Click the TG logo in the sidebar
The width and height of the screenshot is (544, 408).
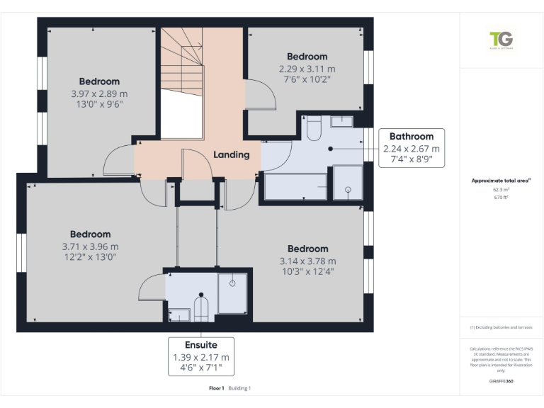pos(501,40)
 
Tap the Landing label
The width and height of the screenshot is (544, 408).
pos(232,154)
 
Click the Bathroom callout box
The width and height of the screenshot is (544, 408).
pos(412,148)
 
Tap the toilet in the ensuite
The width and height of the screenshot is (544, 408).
pos(201,306)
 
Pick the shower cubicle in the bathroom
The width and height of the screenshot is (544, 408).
pos(348,183)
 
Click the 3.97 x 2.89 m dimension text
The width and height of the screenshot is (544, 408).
pos(99,93)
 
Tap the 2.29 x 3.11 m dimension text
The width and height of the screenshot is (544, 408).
pos(307,68)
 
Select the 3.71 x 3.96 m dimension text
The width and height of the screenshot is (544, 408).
pos(90,246)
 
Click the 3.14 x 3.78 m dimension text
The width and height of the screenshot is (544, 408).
pos(307,261)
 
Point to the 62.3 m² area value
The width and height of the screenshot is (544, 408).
pos(501,190)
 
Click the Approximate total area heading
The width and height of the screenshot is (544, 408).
pos(501,181)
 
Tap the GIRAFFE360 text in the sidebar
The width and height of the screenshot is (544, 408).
pos(501,380)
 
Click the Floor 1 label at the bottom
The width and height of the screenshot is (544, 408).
pos(216,388)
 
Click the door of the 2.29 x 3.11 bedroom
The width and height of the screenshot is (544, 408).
pos(258,95)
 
